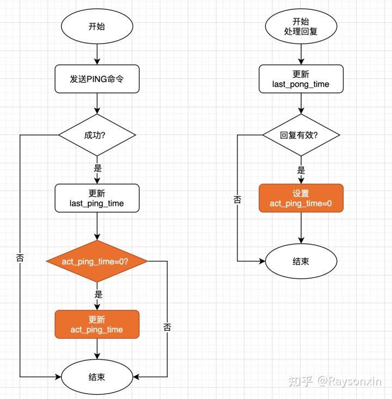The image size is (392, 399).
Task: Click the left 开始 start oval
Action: point(97,26)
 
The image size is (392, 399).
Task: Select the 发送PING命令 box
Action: point(97,79)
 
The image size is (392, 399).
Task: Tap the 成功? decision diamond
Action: point(97,134)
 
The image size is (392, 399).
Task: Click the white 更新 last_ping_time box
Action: point(97,198)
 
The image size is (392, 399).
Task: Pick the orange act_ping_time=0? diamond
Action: point(97,261)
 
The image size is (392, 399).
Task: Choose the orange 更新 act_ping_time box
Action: point(97,324)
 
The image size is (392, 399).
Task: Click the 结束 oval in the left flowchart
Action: point(97,376)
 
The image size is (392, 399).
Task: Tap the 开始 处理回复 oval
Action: point(301,26)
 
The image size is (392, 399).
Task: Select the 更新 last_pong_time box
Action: point(301,79)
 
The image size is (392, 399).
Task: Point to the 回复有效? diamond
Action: point(301,134)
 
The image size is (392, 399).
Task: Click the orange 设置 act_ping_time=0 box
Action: point(301,198)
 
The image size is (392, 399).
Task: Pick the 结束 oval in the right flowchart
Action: point(301,261)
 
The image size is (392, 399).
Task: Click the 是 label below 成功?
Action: point(98,168)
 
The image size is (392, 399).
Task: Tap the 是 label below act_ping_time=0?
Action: point(98,294)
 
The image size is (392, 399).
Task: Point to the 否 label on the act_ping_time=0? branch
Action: point(167,327)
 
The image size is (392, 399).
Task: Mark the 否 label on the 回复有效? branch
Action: point(237,199)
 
